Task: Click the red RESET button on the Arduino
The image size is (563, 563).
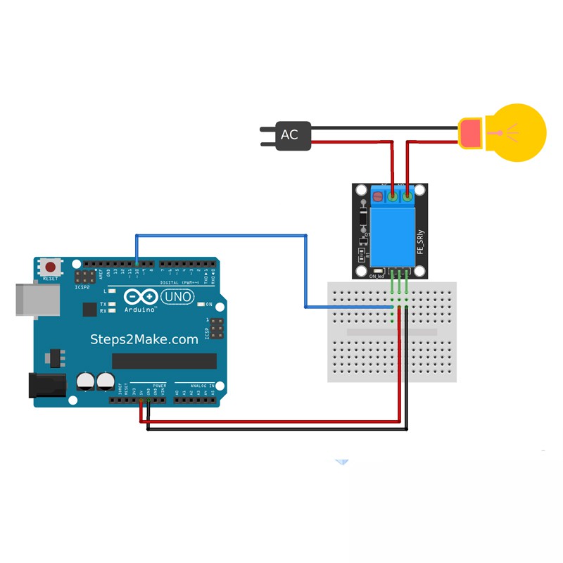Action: [51, 267]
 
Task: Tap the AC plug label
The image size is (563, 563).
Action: [289, 134]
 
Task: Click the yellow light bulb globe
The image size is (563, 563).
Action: [517, 132]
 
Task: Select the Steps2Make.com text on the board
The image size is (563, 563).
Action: [144, 339]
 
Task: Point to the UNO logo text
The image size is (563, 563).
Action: [177, 297]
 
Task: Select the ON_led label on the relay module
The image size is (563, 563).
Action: [377, 277]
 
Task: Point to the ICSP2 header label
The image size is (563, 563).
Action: [83, 287]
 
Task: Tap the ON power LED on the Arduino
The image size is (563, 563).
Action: [201, 304]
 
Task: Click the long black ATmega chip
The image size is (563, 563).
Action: [164, 361]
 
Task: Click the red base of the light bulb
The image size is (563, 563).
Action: [469, 133]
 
